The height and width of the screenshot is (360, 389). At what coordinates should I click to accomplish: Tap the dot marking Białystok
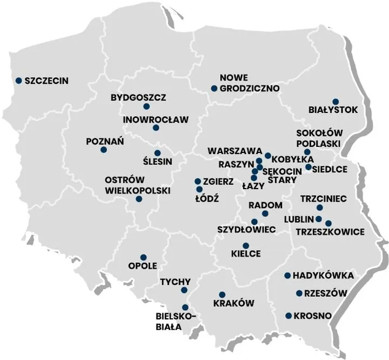point(336,102)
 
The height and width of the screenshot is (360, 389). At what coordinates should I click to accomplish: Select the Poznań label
point(105,142)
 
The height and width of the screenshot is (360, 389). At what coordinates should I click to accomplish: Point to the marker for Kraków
point(222,295)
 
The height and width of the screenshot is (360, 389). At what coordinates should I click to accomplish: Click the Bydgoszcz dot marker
point(146,106)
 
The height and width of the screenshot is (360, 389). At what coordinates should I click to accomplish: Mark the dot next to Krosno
point(289,316)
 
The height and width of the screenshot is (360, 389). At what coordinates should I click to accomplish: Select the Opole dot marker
point(143,257)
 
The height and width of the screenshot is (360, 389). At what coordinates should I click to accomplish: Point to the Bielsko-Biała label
point(175,321)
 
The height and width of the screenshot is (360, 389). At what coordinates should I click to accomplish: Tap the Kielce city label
point(246,254)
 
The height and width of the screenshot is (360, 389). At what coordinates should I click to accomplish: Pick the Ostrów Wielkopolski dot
point(139,199)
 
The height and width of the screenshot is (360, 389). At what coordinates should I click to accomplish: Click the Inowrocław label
point(155,119)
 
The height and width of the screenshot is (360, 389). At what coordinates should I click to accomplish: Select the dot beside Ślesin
point(157,153)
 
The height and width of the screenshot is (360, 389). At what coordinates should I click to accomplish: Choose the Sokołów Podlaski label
point(318,138)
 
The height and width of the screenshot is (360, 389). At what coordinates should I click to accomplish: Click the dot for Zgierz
point(198,182)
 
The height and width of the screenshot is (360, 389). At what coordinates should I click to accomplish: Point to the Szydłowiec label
point(246,230)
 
